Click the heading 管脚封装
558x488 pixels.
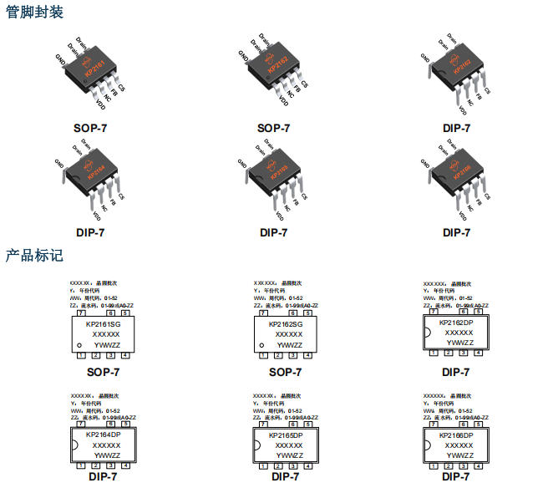click(35, 13)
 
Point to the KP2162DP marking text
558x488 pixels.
click(455, 322)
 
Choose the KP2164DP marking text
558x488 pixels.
click(104, 435)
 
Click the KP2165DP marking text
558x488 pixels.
click(286, 435)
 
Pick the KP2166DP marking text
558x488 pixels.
click(455, 435)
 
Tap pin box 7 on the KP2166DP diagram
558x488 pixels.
click(433, 424)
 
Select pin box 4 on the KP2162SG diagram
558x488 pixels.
click(308, 355)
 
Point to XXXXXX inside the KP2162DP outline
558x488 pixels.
click(459, 333)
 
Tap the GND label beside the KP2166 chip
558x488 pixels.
click(424, 162)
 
